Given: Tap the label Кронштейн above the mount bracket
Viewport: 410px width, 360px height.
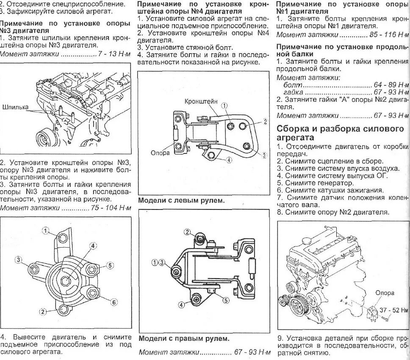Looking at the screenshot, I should point(201,102).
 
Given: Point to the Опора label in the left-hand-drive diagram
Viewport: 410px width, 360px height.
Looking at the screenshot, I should point(160,152).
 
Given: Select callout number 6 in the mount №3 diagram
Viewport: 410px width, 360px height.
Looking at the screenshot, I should point(114,302).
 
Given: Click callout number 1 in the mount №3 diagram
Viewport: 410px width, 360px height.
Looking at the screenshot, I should point(45,230).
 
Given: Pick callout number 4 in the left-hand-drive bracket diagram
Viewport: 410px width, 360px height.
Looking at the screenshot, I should point(229,160).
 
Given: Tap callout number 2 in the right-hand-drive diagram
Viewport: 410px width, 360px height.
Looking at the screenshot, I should point(187,232).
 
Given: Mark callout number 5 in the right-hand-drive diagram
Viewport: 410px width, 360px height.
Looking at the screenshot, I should point(226,300).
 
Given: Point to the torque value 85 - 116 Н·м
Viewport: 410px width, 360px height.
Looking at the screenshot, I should point(388,34).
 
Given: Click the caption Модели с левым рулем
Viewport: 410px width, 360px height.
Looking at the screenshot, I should point(182,200).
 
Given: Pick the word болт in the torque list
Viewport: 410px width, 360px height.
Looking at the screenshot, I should point(292,85).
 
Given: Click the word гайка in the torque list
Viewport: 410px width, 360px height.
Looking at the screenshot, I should point(293,92).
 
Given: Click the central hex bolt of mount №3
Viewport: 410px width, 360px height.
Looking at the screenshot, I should point(66,281).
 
